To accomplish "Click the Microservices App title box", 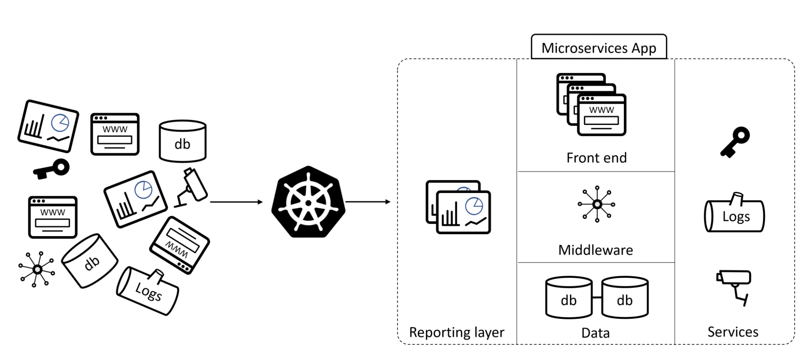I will tap(598, 48).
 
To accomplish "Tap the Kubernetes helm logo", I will tap(308, 202).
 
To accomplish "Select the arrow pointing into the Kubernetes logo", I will tap(236, 202).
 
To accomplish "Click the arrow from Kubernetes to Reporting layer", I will tap(368, 202).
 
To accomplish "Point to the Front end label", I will tap(596, 158).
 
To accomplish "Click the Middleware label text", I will tap(595, 250).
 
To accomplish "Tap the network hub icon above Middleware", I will tap(597, 204).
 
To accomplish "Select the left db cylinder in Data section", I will tap(568, 298).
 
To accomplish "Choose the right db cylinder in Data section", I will tap(625, 298).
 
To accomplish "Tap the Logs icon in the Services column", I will tap(734, 215).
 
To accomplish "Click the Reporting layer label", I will tap(456, 332).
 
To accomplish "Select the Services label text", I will tap(733, 332).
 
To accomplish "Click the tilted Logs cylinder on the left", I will tap(148, 292).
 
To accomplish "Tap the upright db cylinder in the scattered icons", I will tap(182, 141).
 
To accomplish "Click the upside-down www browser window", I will tap(179, 245).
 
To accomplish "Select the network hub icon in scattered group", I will tap(37, 270).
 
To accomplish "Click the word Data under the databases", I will tap(595, 333).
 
